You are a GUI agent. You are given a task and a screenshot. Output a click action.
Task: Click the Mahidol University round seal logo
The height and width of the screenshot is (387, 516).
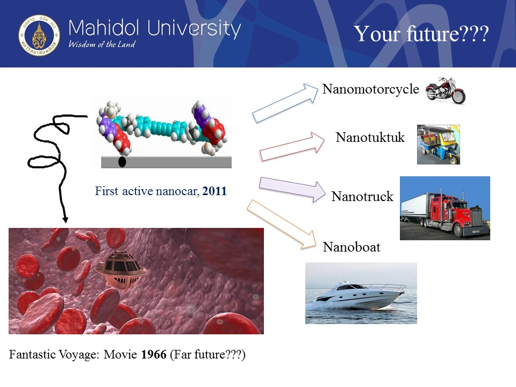click(x=39, y=35)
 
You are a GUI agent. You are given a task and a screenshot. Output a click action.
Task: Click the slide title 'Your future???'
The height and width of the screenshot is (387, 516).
click(x=421, y=33)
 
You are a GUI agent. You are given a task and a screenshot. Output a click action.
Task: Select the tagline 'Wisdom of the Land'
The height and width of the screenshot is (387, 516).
click(x=102, y=44)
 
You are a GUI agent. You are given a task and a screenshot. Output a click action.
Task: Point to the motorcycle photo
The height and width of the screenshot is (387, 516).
click(x=446, y=90)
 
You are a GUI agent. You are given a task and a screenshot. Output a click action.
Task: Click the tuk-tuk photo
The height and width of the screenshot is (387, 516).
click(x=439, y=145)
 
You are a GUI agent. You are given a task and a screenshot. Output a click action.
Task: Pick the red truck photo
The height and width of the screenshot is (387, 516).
click(x=445, y=208)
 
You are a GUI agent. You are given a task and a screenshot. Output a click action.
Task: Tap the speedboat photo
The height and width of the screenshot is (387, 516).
click(x=361, y=293)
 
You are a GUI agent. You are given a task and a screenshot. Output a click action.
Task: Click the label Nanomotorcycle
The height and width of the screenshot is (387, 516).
click(x=370, y=89)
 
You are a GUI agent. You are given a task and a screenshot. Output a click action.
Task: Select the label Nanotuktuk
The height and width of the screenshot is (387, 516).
click(x=370, y=137)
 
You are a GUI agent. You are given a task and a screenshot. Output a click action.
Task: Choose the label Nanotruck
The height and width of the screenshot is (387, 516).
click(x=362, y=197)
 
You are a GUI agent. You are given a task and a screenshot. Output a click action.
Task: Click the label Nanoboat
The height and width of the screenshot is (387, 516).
click(x=352, y=247)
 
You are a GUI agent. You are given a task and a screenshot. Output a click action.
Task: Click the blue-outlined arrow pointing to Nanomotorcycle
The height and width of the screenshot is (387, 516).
click(x=285, y=103)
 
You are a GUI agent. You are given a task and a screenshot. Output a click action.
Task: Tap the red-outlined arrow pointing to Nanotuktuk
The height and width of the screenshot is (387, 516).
click(x=292, y=147)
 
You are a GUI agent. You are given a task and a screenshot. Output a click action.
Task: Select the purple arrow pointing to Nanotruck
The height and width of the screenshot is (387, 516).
click(x=292, y=189)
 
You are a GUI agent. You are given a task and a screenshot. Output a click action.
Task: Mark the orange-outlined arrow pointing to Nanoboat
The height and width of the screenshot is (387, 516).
click(x=281, y=224)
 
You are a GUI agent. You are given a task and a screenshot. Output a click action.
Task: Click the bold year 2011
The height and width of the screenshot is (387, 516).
click(x=214, y=191)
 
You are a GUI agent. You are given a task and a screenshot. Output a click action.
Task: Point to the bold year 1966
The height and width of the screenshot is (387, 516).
click(x=154, y=354)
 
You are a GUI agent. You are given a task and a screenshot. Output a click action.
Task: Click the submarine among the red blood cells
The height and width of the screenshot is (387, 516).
click(x=121, y=269)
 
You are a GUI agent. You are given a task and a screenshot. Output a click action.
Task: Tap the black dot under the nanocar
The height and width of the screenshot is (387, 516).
click(x=122, y=162)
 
